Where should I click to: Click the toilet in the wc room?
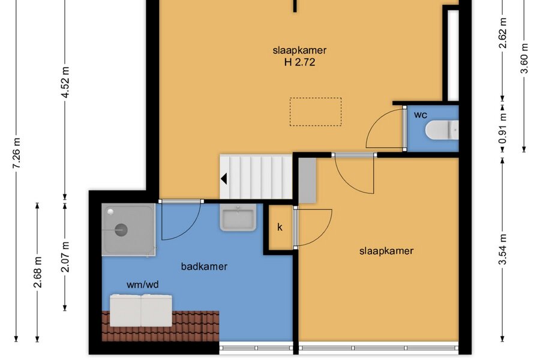[x=442, y=130]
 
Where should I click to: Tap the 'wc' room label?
[x=420, y=115]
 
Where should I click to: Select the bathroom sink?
[x=238, y=217]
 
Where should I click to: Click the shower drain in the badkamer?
[x=121, y=230]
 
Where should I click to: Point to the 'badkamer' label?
[x=204, y=266]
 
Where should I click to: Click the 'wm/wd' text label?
[x=143, y=284]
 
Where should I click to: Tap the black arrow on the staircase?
[x=224, y=179]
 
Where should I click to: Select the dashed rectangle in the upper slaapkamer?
[x=316, y=112]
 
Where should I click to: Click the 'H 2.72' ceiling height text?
[x=299, y=62]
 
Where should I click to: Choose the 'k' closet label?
[x=280, y=227]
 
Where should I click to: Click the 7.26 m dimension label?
[x=17, y=153]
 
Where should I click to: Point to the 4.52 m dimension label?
[x=65, y=82]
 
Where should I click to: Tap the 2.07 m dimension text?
[x=65, y=257]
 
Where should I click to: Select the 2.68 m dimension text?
[x=38, y=272]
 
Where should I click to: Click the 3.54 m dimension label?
[x=503, y=249]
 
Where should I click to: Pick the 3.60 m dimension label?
[x=524, y=58]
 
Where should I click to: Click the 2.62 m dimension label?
[x=503, y=33]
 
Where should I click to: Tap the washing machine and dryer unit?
[x=141, y=310]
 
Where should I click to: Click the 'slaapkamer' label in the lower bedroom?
[x=386, y=251]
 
